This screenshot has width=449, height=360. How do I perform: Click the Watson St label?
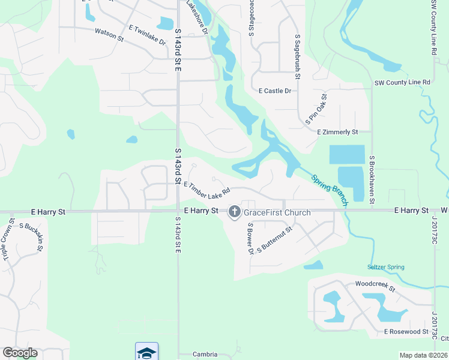click(109, 35)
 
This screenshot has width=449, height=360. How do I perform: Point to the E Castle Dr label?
click(274, 91)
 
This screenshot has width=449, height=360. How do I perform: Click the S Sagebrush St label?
click(298, 57)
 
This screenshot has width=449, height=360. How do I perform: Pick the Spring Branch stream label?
click(329, 190)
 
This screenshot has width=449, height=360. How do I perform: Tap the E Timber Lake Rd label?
click(207, 191)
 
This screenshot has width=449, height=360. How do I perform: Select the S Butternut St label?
click(274, 239)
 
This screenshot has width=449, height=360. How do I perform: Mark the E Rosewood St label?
click(406, 331)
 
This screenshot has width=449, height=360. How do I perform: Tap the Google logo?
click(20, 353)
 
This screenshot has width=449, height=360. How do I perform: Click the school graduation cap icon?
click(147, 352)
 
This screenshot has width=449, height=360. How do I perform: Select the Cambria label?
click(205, 355)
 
